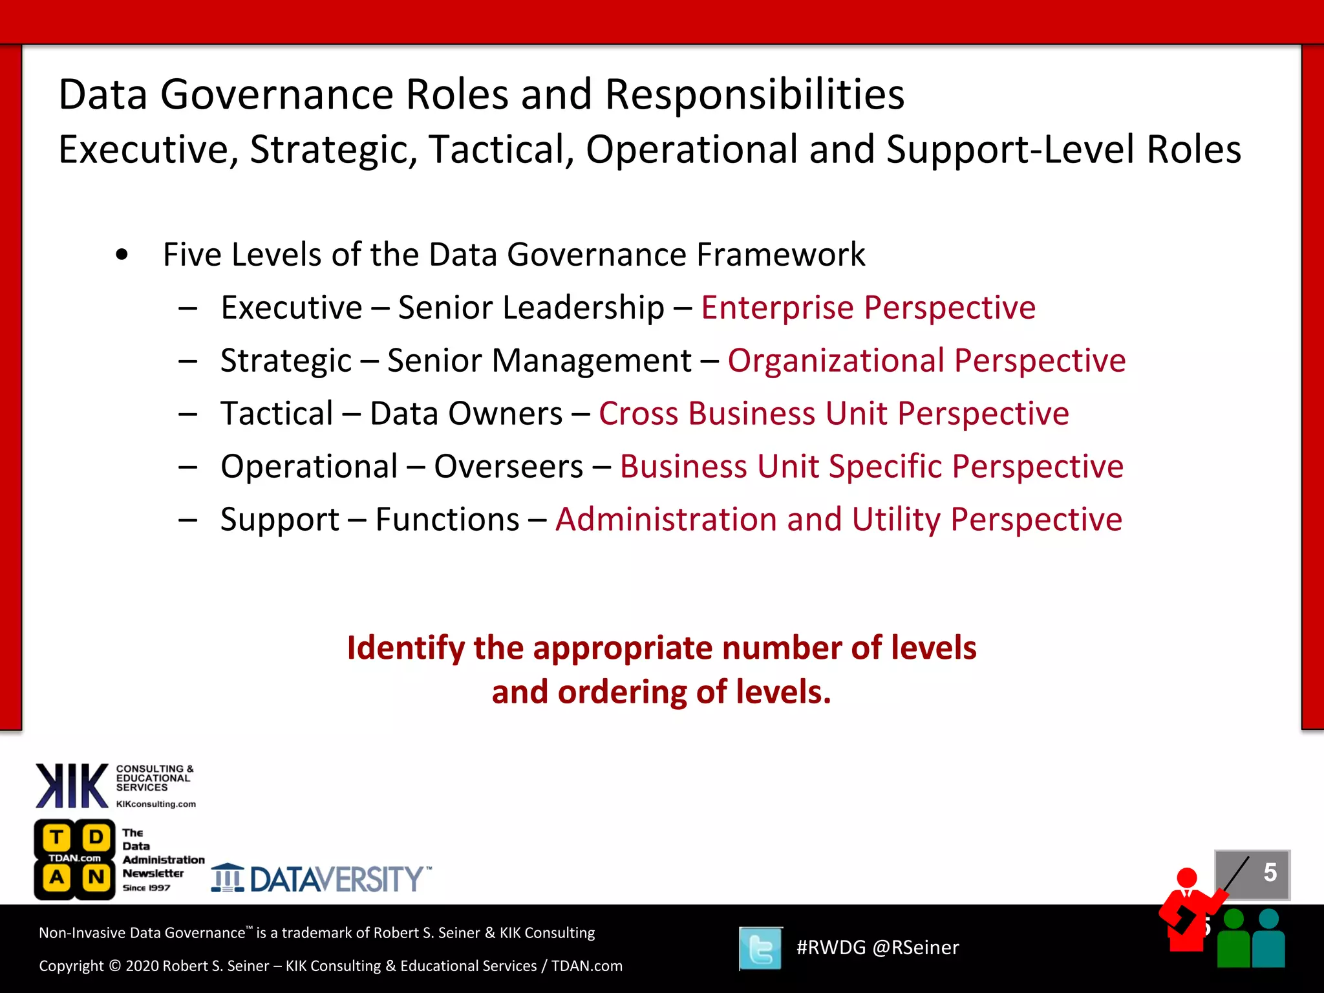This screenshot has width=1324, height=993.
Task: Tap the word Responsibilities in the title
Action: click(754, 95)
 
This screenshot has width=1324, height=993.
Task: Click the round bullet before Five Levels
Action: click(122, 255)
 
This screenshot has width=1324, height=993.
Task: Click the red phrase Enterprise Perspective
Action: click(868, 308)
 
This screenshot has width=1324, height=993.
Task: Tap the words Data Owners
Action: click(466, 414)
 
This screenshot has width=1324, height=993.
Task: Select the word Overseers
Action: click(509, 467)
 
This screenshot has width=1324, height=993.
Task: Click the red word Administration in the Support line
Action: click(666, 520)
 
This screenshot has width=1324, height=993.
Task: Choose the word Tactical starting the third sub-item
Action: click(277, 414)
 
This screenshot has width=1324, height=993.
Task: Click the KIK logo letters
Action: click(72, 786)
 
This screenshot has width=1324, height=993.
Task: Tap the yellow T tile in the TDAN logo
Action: click(57, 838)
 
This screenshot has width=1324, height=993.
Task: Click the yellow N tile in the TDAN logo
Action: click(96, 878)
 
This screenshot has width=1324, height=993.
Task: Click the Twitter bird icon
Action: click(760, 948)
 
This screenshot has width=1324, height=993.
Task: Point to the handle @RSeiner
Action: click(915, 948)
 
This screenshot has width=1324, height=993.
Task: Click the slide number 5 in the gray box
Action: click(1270, 873)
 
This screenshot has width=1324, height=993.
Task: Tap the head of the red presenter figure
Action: click(1187, 878)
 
